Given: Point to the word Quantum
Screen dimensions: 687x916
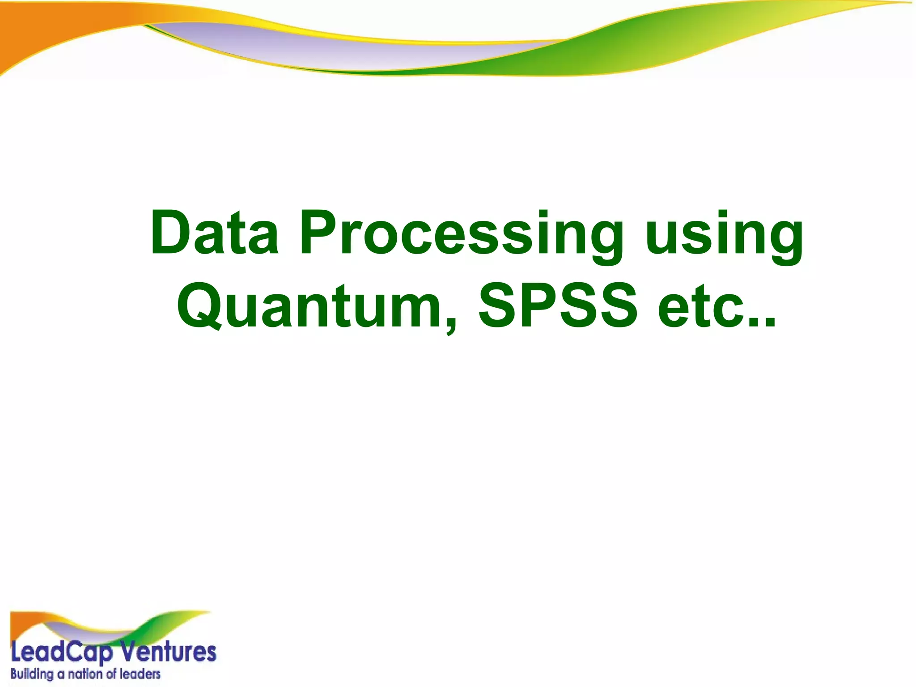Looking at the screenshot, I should pos(313,306).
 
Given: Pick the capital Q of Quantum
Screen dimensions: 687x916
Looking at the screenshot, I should pos(201,306).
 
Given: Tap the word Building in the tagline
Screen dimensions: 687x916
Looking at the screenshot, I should pos(31,674).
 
